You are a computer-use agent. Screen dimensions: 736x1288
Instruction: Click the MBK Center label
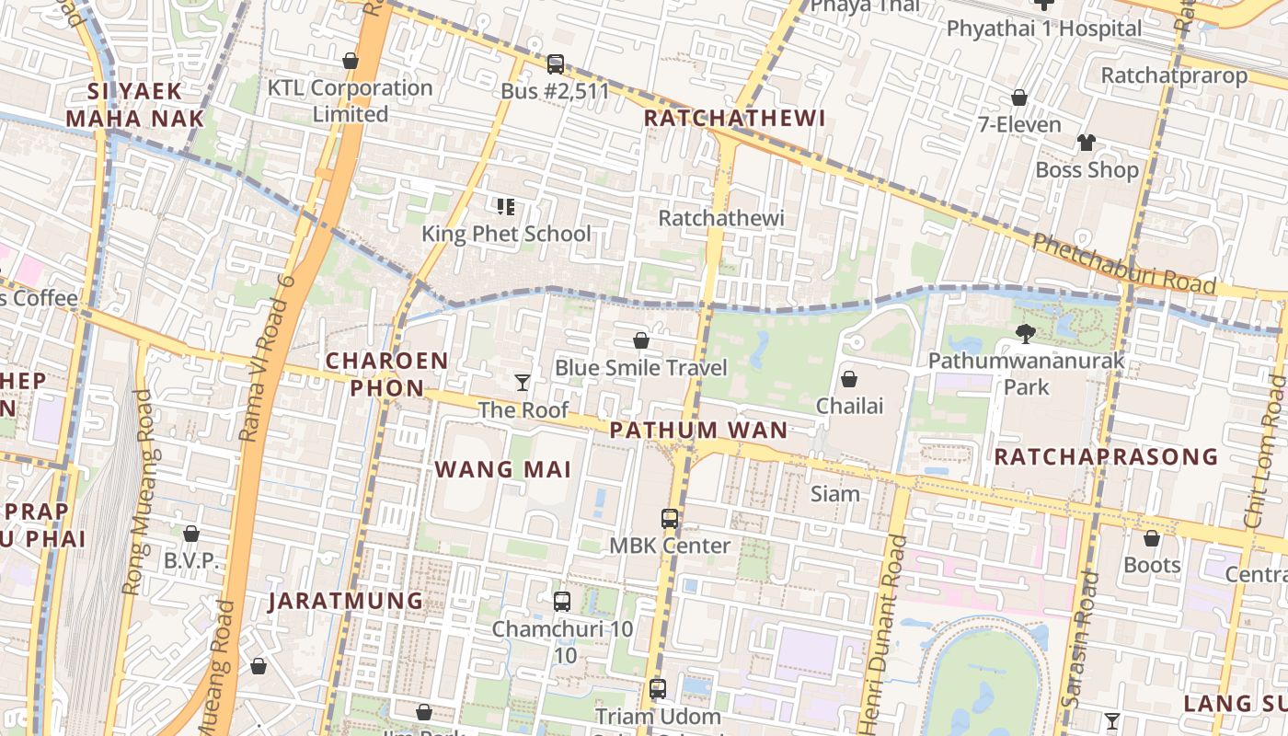pos(670,546)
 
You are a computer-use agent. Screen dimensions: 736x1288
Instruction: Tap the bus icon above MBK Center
pos(670,519)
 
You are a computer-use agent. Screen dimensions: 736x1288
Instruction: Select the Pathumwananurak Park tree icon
pos(1025,334)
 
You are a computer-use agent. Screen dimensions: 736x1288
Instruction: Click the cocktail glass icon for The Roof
pos(523,382)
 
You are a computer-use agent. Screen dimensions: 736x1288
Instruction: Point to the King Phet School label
pos(506,234)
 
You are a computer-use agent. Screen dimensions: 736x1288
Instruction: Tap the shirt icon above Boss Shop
pos(1087,143)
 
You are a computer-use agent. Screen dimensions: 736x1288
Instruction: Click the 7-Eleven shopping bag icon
pos(1019,98)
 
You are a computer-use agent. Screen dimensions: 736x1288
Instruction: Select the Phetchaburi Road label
pos(1123,263)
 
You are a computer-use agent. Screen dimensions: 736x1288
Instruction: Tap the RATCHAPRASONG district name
pos(1106,457)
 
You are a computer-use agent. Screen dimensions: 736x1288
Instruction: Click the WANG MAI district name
pos(502,469)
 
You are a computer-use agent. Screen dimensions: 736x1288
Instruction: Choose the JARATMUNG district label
pos(346,602)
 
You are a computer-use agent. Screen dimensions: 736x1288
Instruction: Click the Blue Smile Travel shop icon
pos(641,341)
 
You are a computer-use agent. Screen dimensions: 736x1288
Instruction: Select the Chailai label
pos(849,407)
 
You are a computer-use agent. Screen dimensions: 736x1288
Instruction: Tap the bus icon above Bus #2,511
pos(556,64)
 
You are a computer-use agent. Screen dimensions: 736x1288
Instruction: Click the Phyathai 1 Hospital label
pos(1044,29)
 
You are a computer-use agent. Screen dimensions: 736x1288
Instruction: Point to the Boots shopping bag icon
pos(1152,538)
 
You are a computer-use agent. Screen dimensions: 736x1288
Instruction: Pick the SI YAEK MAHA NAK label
pos(134,105)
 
